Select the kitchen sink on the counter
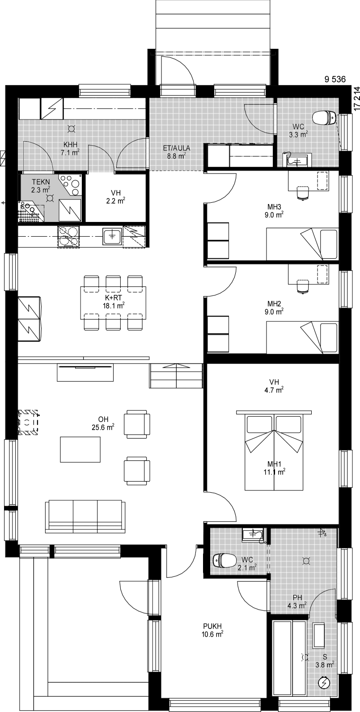click(112, 236)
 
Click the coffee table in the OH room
click(80, 449)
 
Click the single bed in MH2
click(302, 337)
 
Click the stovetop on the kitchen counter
click(68, 236)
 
